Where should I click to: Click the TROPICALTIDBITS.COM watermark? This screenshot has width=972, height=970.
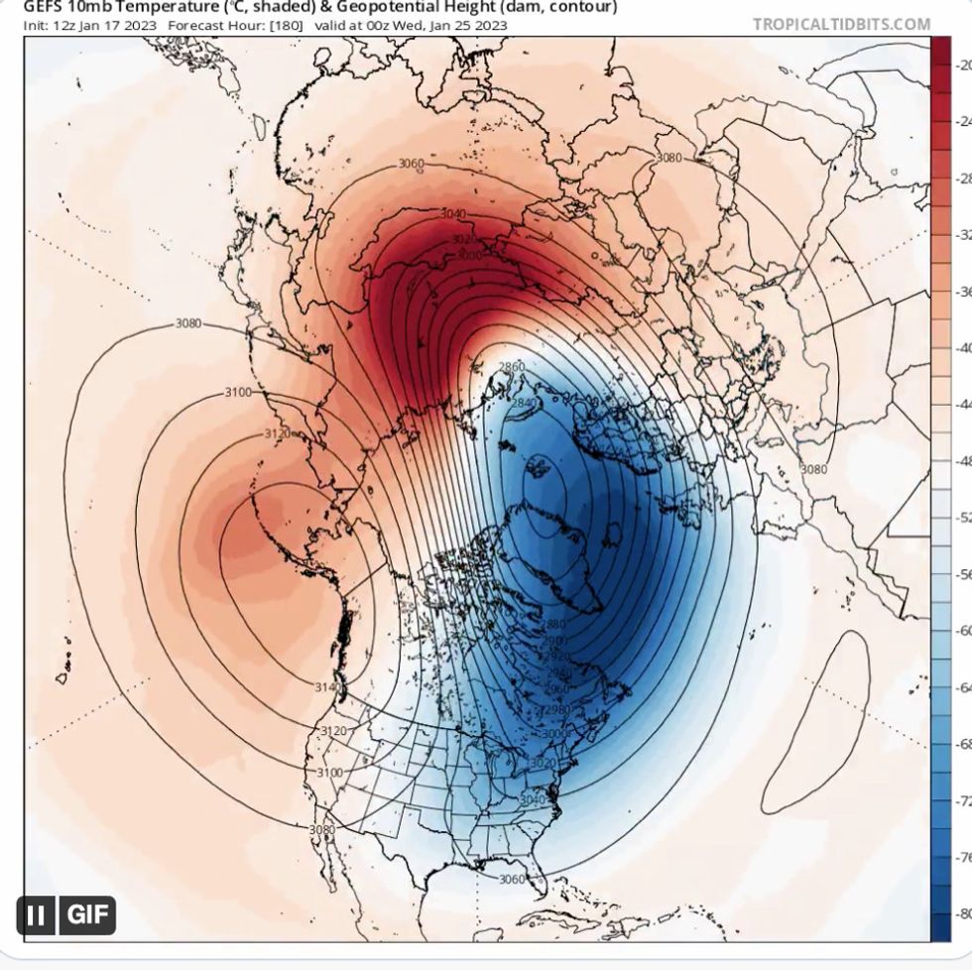[842, 25]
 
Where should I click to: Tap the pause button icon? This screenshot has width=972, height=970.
[36, 913]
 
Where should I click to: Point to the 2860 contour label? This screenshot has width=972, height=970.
[512, 367]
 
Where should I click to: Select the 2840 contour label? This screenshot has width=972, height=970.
[523, 403]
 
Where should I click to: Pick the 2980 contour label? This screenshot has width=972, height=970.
[558, 709]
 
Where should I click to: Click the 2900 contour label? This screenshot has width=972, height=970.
[555, 642]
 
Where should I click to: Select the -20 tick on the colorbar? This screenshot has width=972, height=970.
[961, 65]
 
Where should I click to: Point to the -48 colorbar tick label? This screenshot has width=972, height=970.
[961, 461]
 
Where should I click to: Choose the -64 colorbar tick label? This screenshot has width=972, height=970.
[961, 687]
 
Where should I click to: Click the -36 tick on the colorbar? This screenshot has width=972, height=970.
[961, 292]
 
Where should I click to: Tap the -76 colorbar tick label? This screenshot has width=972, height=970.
[961, 857]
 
